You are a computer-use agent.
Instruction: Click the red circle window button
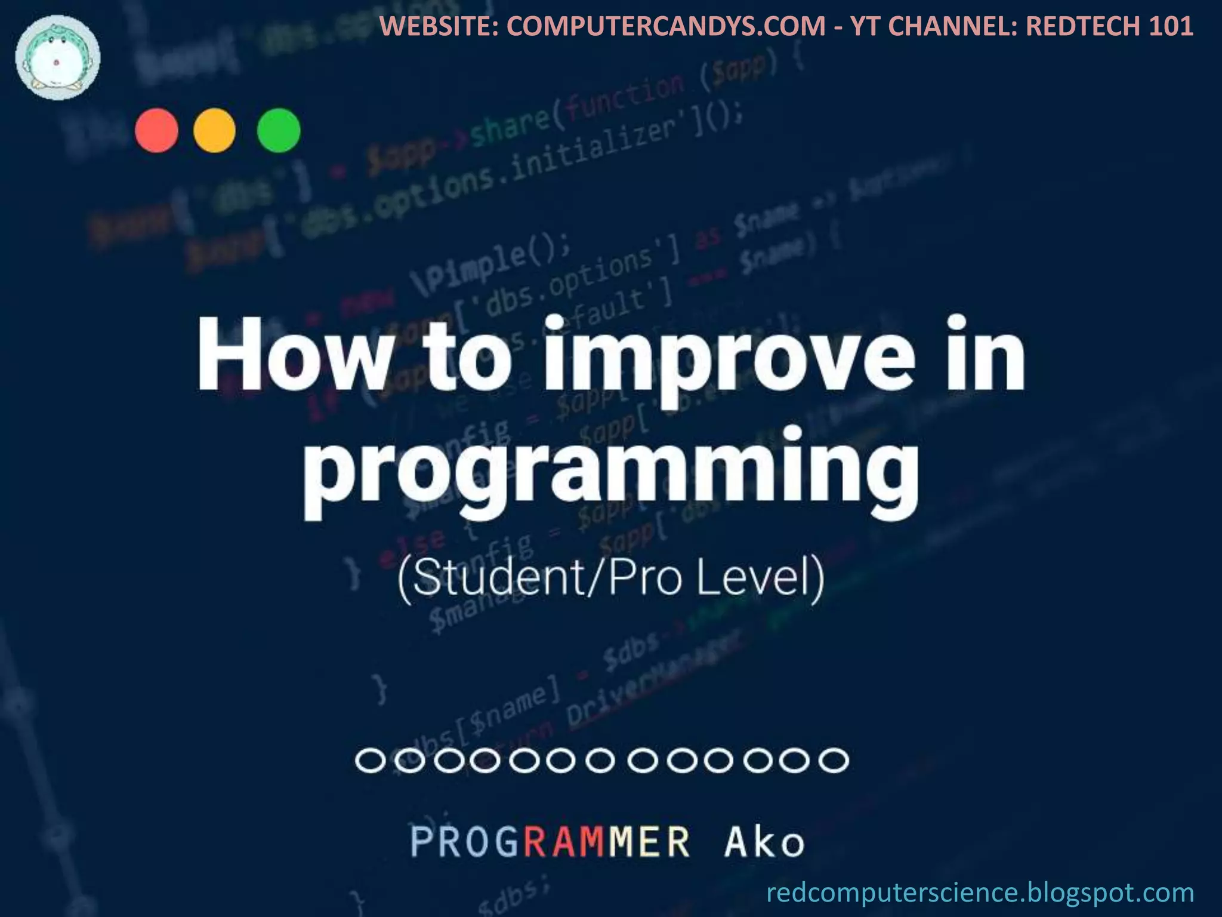tap(156, 131)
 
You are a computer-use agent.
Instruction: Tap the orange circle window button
tap(214, 131)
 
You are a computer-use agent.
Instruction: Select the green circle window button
tap(279, 131)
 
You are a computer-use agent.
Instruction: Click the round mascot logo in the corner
tap(58, 57)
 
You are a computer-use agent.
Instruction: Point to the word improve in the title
tap(729, 358)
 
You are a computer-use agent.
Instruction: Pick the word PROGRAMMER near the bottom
tap(550, 842)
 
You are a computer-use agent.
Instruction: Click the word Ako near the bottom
tap(764, 842)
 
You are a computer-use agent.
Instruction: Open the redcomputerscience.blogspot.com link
tap(980, 893)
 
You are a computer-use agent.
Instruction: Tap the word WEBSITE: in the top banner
tap(440, 26)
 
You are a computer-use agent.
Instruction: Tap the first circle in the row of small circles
tap(370, 761)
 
